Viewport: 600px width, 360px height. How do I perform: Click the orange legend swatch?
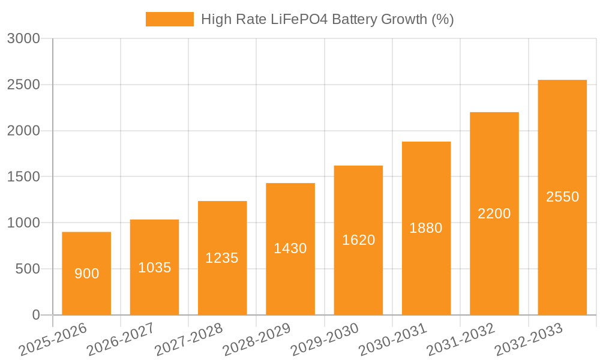click(x=170, y=19)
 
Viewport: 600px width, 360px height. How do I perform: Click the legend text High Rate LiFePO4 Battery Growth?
click(x=327, y=19)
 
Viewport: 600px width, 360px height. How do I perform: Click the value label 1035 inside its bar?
click(x=155, y=268)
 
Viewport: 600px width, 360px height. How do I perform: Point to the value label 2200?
click(x=494, y=214)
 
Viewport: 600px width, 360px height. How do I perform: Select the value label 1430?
click(x=290, y=248)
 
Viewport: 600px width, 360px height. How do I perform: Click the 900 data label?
click(x=86, y=274)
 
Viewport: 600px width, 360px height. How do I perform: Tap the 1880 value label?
click(x=426, y=228)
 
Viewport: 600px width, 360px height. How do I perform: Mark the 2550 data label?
click(x=562, y=197)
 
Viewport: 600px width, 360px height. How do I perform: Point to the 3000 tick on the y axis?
click(x=23, y=39)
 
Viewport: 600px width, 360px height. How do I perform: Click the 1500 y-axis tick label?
click(x=23, y=177)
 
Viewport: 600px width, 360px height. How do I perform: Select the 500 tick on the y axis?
click(x=28, y=269)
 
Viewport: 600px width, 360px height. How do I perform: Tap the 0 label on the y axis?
click(x=35, y=315)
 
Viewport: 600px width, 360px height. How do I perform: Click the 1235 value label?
click(x=222, y=258)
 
